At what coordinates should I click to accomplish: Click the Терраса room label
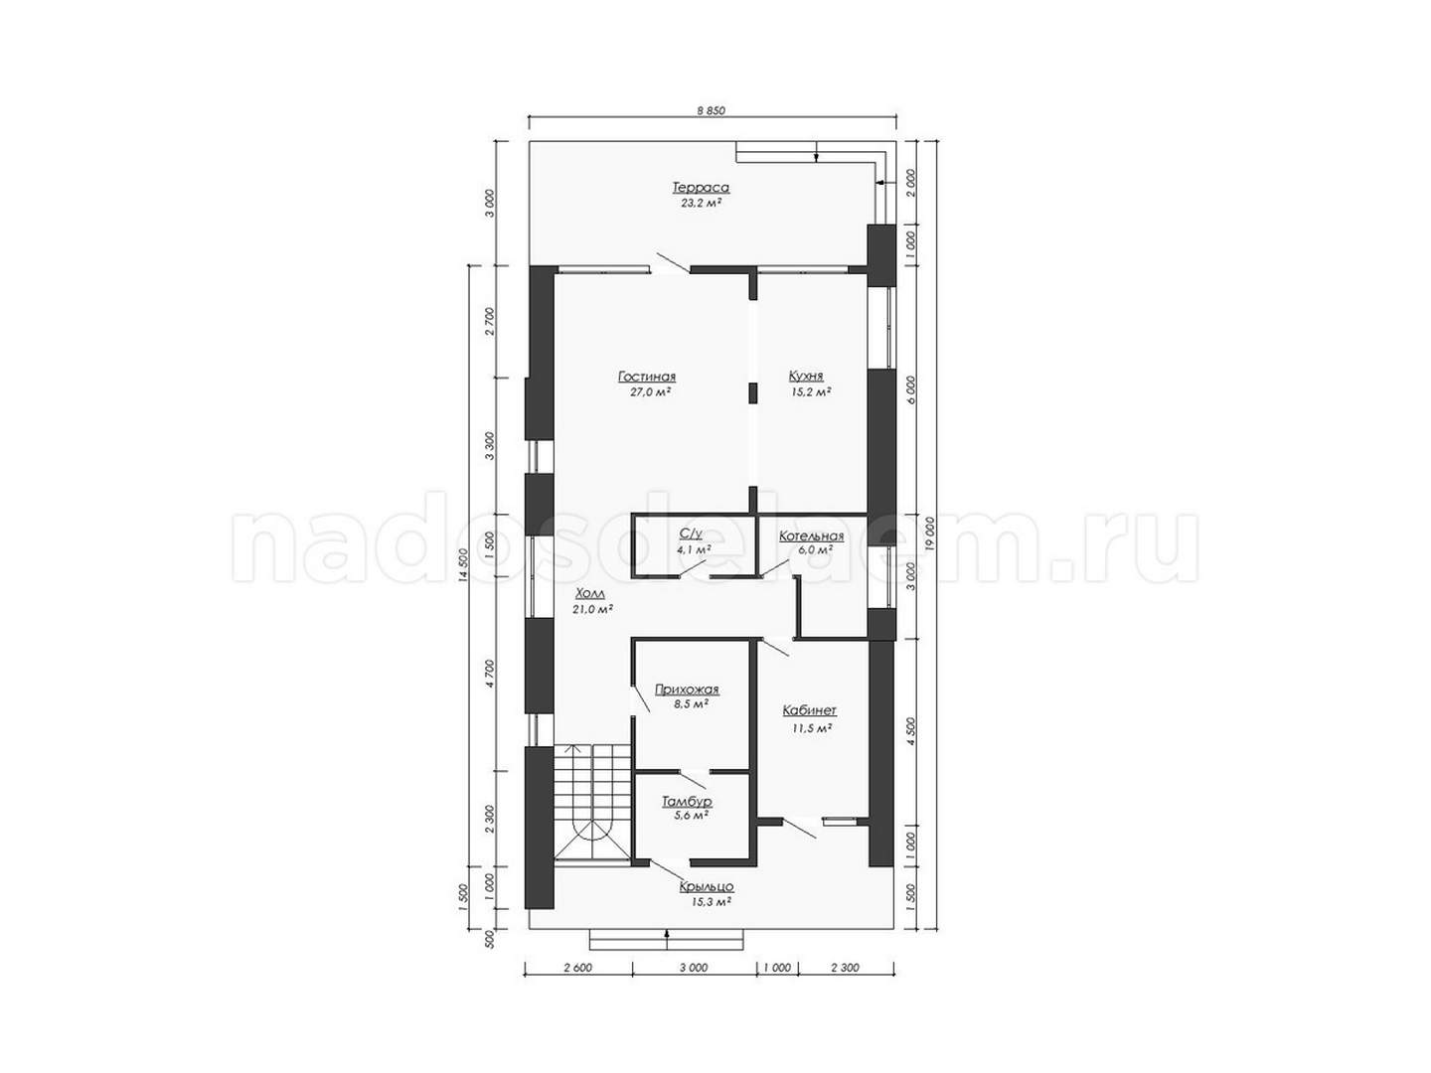(701, 188)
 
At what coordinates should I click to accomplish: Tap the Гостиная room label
(646, 377)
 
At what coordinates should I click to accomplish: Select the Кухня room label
(806, 376)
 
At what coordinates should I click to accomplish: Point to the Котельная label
(812, 536)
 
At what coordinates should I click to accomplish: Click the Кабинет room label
(810, 710)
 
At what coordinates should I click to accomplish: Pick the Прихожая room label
(687, 690)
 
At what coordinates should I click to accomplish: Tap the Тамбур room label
(687, 801)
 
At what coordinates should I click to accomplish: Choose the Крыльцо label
(707, 886)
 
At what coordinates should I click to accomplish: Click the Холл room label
(590, 593)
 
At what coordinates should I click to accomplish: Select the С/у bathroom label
(691, 535)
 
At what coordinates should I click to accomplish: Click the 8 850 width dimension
(711, 110)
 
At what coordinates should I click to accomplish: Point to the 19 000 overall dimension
(930, 535)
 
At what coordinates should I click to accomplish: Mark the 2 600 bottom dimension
(577, 968)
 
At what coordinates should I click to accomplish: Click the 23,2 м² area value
(701, 203)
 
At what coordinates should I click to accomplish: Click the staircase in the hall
(592, 805)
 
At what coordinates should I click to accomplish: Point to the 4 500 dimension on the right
(911, 731)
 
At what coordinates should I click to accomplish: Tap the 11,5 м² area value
(812, 728)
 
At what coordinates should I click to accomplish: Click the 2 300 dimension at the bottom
(846, 968)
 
